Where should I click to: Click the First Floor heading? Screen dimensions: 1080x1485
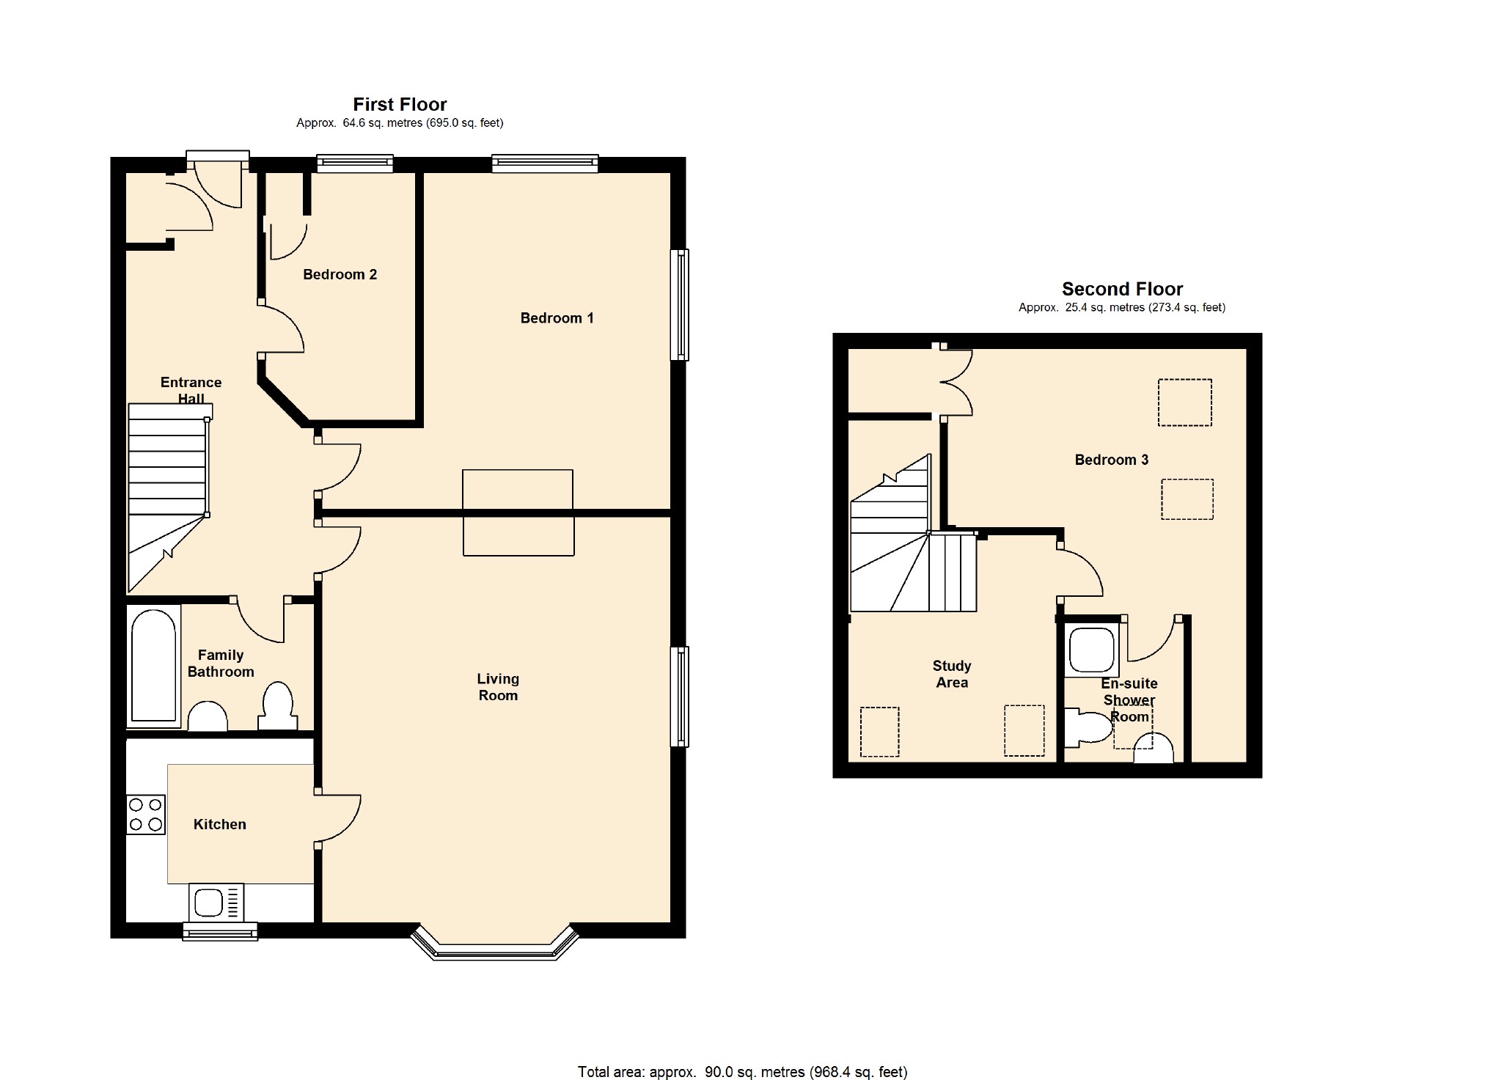[400, 104]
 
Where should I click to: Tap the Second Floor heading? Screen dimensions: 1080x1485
[1122, 289]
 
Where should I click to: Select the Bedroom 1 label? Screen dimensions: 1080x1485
[557, 318]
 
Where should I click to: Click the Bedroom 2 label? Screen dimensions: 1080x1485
[340, 274]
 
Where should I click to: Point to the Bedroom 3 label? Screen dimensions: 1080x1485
[1111, 460]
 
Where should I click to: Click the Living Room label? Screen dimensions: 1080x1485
[498, 687]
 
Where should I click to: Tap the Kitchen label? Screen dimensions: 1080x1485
[219, 824]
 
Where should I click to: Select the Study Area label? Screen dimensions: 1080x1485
[951, 674]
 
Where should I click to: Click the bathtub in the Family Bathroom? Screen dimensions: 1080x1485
[154, 666]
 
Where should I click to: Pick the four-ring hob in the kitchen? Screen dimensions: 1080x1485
[146, 815]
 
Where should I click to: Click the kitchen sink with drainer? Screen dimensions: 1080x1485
[216, 902]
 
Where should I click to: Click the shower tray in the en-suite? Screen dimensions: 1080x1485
[1092, 650]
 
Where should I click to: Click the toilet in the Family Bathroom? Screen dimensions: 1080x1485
[277, 705]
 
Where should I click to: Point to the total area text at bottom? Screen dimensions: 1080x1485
[742, 1072]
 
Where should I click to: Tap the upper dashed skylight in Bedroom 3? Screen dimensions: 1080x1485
[1184, 403]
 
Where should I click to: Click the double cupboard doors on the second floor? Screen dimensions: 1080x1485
[957, 383]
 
